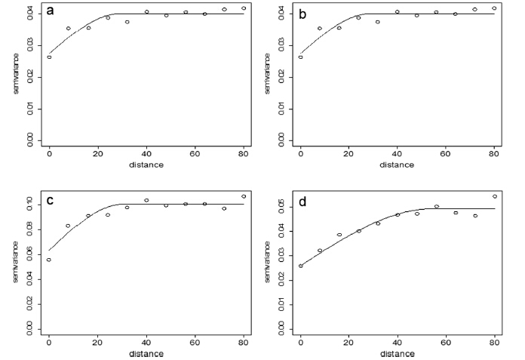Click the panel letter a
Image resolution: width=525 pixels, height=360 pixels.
pyautogui.click(x=50, y=11)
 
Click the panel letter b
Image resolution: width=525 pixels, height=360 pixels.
pyautogui.click(x=302, y=12)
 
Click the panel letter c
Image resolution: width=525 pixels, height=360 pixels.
pyautogui.click(x=50, y=201)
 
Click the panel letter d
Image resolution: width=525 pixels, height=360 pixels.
pyautogui.click(x=302, y=202)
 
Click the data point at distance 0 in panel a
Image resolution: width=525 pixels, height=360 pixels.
pyautogui.click(x=49, y=57)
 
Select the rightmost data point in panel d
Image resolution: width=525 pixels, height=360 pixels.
pyautogui.click(x=495, y=196)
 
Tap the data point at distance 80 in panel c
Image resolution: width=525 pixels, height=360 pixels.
pyautogui.click(x=244, y=196)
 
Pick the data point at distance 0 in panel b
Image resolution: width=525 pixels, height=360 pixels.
pyautogui.click(x=300, y=57)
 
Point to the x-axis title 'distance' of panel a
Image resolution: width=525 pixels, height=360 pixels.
pyautogui.click(x=146, y=164)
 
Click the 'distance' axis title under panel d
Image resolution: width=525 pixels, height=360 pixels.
pyautogui.click(x=398, y=353)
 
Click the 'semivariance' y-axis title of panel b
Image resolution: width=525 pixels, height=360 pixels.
pyautogui.click(x=267, y=73)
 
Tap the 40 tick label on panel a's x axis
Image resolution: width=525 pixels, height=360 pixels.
pyautogui.click(x=146, y=154)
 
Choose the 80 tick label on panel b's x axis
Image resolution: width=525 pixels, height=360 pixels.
pyautogui.click(x=494, y=154)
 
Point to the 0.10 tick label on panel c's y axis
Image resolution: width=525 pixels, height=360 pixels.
pyautogui.click(x=29, y=204)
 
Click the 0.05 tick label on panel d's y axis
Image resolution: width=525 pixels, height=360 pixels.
pyautogui.click(x=281, y=205)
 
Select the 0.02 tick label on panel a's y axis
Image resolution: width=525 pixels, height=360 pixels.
pyautogui.click(x=29, y=77)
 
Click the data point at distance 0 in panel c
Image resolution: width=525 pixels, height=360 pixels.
pyautogui.click(x=49, y=260)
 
